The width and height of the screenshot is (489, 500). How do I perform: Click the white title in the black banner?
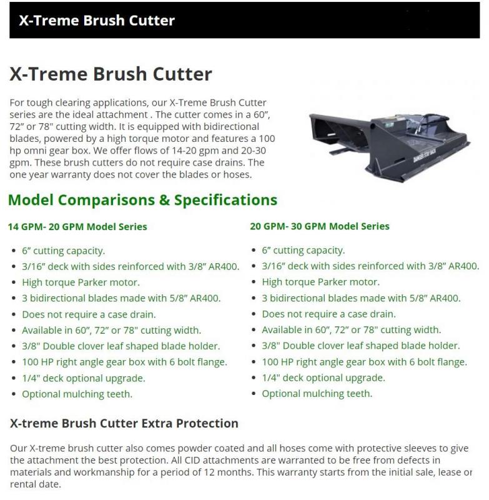(97, 21)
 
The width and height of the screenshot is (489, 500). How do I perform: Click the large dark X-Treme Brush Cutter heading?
(111, 74)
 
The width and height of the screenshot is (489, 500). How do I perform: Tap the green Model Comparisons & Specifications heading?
(143, 200)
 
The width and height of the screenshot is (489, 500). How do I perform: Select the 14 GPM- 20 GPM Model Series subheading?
(77, 227)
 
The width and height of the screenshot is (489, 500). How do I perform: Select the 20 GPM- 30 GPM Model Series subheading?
(320, 226)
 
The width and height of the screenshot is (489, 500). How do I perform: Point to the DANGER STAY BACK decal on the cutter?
(424, 156)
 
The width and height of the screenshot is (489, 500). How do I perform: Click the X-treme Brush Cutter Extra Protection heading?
(124, 423)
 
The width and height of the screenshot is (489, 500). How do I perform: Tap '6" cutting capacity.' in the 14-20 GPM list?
(64, 251)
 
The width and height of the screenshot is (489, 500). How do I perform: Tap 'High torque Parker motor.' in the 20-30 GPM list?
(321, 282)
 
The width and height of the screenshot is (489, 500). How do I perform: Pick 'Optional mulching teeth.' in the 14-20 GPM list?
(77, 394)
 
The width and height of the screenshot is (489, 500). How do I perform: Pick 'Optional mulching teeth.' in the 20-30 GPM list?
(317, 394)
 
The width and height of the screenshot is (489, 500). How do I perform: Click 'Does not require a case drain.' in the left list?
(89, 314)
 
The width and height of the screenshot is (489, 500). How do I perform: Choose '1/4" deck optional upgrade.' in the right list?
(324, 378)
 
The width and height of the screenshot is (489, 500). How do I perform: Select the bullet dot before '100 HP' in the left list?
(13, 362)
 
